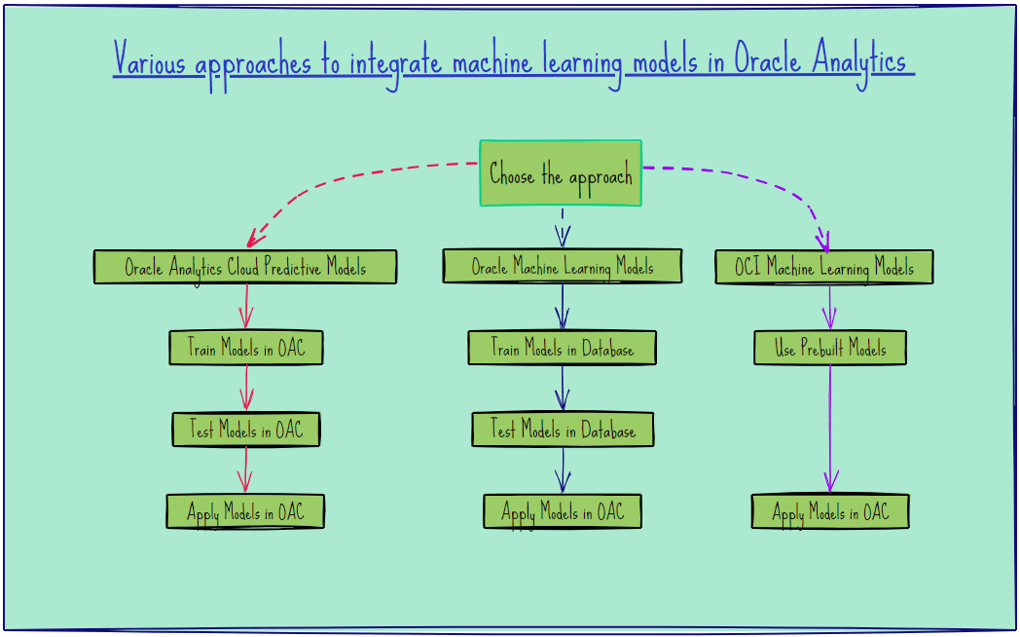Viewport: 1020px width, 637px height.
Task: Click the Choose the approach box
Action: [561, 173]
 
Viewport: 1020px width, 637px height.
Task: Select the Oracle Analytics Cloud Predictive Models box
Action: [245, 267]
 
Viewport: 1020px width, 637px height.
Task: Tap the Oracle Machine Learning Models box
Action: [562, 266]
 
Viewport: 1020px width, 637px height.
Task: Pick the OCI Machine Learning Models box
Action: [824, 267]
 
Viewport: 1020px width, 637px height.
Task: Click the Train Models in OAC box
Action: [245, 348]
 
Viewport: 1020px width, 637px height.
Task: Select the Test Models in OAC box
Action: [245, 430]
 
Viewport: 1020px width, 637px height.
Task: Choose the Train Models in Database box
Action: [562, 348]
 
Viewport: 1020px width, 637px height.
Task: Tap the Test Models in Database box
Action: [563, 430]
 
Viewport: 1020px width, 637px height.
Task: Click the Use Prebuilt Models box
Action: [830, 348]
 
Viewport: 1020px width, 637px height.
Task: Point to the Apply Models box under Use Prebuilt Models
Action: [830, 511]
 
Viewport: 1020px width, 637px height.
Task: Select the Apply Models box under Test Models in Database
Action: [563, 511]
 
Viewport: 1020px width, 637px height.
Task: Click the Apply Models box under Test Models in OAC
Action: [245, 511]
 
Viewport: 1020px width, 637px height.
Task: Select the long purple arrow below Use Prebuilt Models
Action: [830, 429]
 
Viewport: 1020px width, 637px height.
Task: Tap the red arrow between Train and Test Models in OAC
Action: [246, 389]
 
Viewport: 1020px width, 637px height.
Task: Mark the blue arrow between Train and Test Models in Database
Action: [563, 389]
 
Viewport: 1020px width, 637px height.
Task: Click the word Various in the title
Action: [150, 61]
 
